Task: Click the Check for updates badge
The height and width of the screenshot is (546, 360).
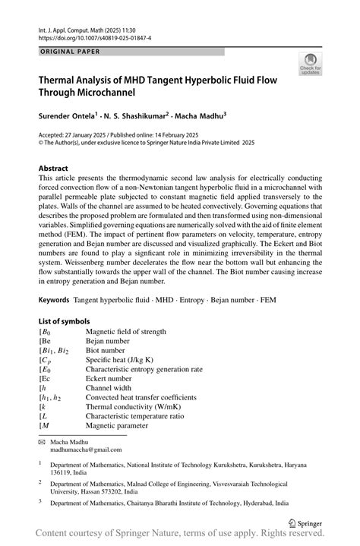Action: click(x=310, y=65)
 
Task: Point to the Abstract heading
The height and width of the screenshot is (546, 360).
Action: click(x=56, y=167)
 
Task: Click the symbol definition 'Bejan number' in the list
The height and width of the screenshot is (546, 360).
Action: click(x=109, y=342)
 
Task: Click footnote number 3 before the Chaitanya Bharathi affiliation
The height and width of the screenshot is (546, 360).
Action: click(x=40, y=500)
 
